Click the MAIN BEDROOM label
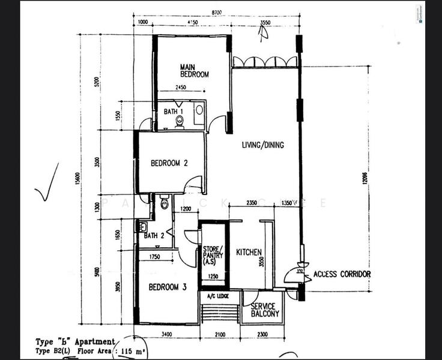pos(194,71)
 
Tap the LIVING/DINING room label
pos(263,145)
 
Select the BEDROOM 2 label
pos(169,163)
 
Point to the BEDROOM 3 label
pos(168,287)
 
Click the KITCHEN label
pos(248,253)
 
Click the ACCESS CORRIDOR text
pos(342,274)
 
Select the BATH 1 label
pos(174,112)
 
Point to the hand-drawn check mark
pos(46,184)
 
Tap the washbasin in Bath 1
pos(199,110)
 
